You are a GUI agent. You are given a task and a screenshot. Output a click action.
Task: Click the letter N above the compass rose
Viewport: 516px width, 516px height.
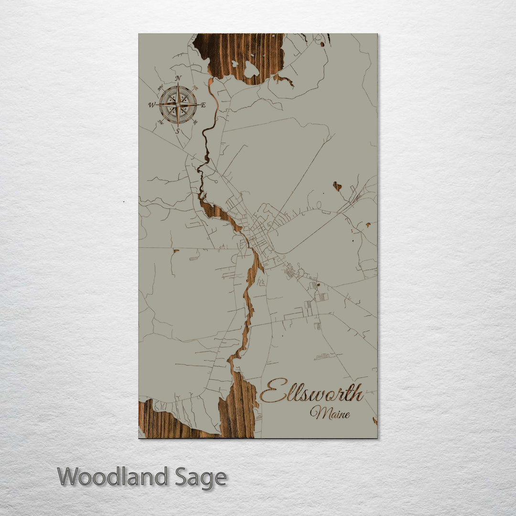(178, 78)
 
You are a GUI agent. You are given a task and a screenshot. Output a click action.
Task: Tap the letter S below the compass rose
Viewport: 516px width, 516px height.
(178, 131)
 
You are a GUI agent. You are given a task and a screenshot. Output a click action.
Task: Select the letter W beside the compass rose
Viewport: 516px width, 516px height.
(151, 105)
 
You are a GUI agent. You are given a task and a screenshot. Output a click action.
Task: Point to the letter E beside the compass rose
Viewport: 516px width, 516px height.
(203, 105)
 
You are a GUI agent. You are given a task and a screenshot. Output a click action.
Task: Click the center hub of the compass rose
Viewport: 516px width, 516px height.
(178, 104)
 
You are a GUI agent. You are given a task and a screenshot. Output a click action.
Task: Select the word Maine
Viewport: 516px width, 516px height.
(330, 413)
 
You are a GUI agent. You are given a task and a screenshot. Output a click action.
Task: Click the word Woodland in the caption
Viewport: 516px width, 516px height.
(113, 477)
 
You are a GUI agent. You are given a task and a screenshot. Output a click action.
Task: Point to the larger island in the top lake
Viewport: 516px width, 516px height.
(251, 70)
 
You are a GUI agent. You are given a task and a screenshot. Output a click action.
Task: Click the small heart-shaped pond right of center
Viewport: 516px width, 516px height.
(337, 186)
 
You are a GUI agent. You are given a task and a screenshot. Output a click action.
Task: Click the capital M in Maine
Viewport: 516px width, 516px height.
(316, 412)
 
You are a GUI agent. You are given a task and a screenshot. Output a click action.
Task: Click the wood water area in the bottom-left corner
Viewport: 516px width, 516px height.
(158, 423)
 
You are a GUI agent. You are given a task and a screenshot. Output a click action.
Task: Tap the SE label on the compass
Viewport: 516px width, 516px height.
(195, 122)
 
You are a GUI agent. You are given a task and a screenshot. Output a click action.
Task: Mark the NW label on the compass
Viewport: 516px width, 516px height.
(161, 87)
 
